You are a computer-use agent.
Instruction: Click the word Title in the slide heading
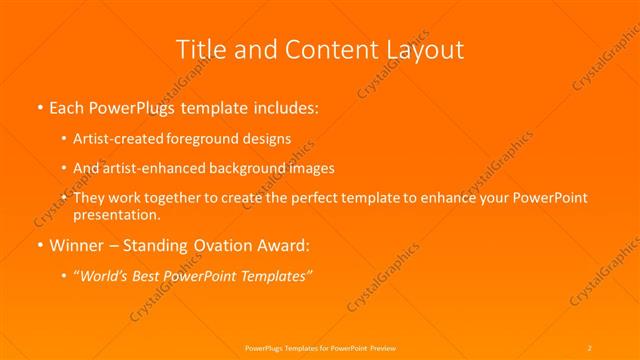point(201,49)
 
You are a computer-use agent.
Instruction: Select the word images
point(310,168)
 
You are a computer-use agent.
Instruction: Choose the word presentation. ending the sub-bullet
point(117,214)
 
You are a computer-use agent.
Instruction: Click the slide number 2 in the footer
point(590,346)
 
